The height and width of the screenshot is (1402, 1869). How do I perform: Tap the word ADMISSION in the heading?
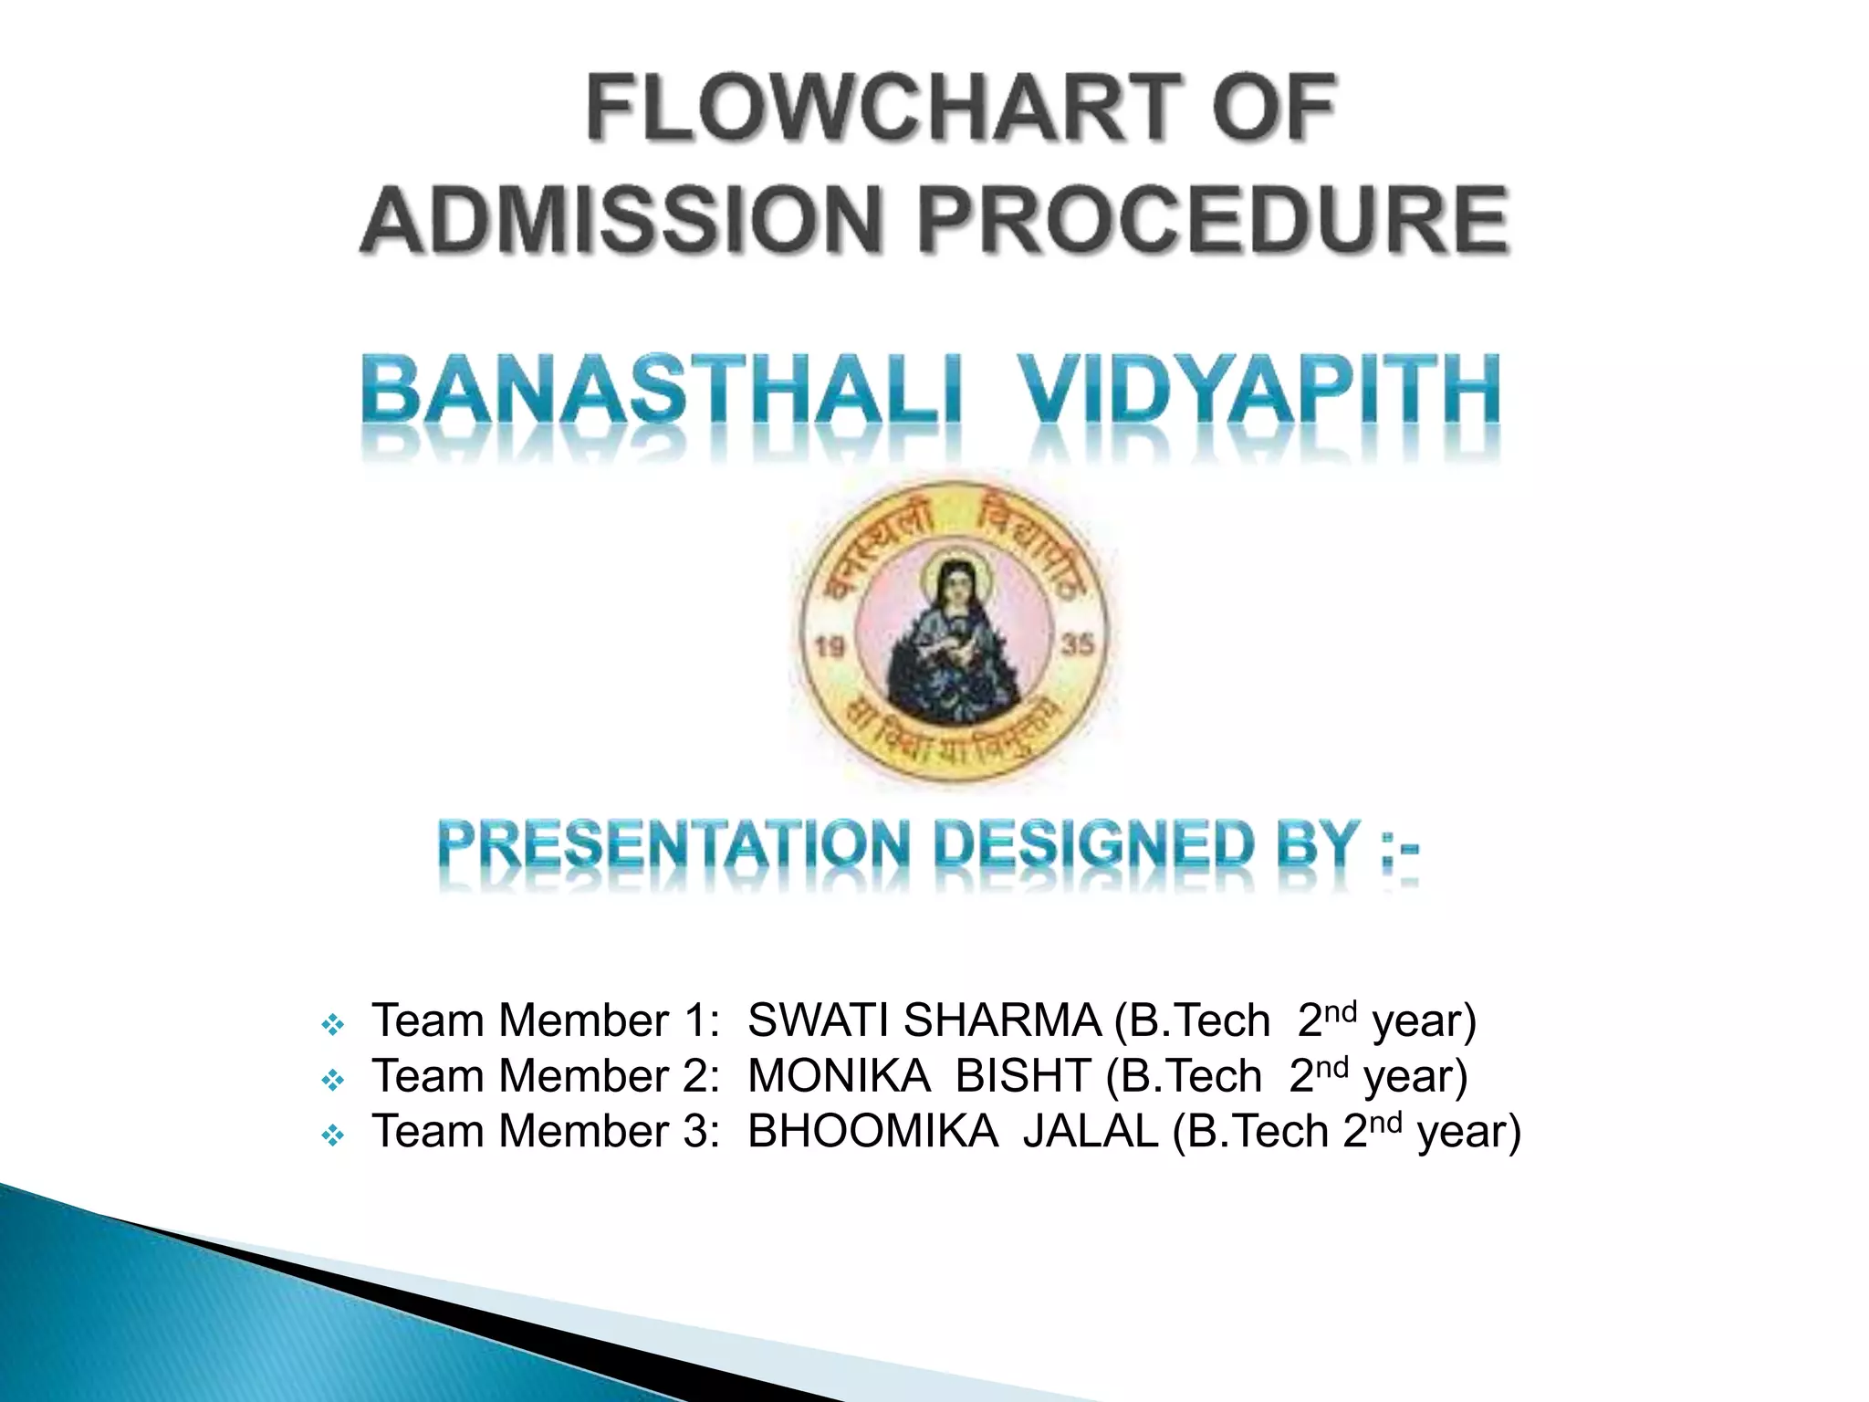pyautogui.click(x=621, y=220)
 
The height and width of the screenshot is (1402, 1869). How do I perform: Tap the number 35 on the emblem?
pyautogui.click(x=1077, y=644)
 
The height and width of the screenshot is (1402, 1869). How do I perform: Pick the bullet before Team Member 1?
pyautogui.click(x=333, y=1026)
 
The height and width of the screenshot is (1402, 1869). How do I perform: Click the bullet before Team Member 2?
pyautogui.click(x=333, y=1082)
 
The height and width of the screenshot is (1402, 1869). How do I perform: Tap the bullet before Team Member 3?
pyautogui.click(x=333, y=1137)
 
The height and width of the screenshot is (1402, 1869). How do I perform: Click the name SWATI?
pyautogui.click(x=819, y=1020)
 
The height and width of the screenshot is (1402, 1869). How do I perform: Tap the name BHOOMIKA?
pyautogui.click(x=872, y=1132)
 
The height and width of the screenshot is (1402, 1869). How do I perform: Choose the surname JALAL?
pyautogui.click(x=1090, y=1132)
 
